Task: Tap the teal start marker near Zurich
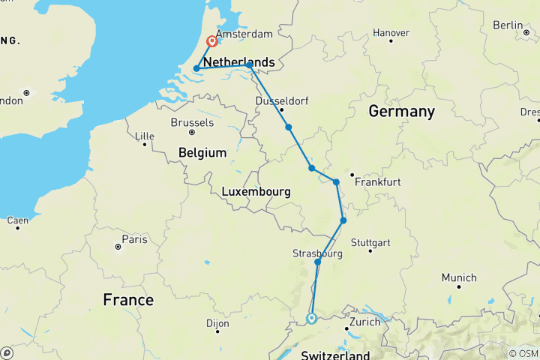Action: tap(311, 319)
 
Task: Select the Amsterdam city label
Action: tap(244, 34)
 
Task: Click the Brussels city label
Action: tap(193, 122)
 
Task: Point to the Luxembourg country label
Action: tap(256, 192)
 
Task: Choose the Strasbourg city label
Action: tap(318, 253)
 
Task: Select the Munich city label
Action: tap(459, 277)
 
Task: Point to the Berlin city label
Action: tap(507, 25)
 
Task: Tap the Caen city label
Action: tap(18, 220)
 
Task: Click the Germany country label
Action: tap(401, 112)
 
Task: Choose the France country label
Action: tap(128, 300)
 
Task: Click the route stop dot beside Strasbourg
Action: tap(318, 262)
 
